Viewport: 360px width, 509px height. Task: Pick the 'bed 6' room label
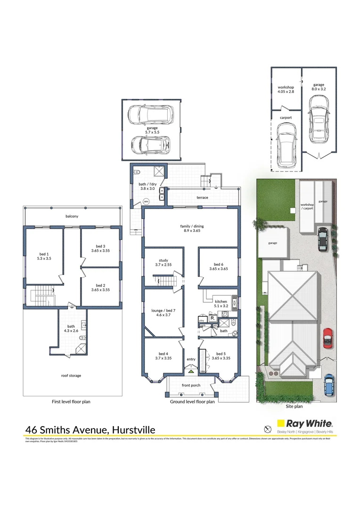tap(218, 266)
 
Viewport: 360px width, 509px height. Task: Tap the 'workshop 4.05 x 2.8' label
tap(286, 89)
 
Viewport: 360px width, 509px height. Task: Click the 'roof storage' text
tap(71, 376)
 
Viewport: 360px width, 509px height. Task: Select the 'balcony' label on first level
tap(72, 216)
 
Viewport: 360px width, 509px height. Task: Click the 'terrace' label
tap(202, 197)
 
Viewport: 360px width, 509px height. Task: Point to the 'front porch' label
tap(191, 385)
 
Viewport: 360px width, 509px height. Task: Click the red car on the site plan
tap(327, 337)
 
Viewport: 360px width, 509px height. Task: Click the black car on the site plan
tap(322, 239)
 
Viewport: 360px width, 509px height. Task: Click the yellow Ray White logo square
tap(283, 426)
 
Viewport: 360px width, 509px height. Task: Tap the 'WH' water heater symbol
tap(146, 202)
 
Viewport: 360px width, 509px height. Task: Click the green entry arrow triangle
tap(191, 371)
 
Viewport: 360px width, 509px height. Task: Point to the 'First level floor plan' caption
tap(71, 402)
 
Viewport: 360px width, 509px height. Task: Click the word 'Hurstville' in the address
tap(134, 429)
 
